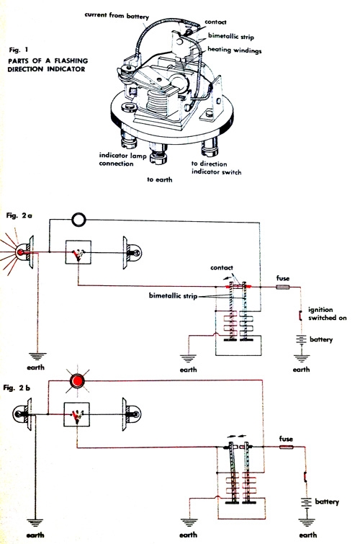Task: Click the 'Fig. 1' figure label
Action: pyautogui.click(x=19, y=50)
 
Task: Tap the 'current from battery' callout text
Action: pyautogui.click(x=117, y=16)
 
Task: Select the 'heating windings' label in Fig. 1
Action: pyautogui.click(x=235, y=50)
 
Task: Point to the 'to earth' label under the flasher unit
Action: pyautogui.click(x=159, y=179)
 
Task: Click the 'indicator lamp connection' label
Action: pyautogui.click(x=122, y=159)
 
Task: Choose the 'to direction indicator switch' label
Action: pyautogui.click(x=216, y=168)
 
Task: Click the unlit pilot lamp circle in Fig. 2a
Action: pyautogui.click(x=78, y=220)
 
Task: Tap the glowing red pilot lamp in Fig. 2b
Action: pyautogui.click(x=77, y=381)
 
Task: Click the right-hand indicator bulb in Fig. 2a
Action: pyautogui.click(x=132, y=253)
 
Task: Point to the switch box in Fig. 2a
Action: pyautogui.click(x=78, y=252)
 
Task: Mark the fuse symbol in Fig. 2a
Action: pyautogui.click(x=283, y=287)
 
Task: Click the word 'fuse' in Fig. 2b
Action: pyautogui.click(x=286, y=439)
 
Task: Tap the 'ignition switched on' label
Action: pyautogui.click(x=327, y=313)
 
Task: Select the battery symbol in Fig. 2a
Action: pyautogui.click(x=301, y=339)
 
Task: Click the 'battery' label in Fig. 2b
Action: pyautogui.click(x=327, y=501)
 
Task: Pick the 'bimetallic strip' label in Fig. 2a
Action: pyautogui.click(x=173, y=296)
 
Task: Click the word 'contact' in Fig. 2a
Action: pyautogui.click(x=221, y=267)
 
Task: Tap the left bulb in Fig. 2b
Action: pyautogui.click(x=23, y=414)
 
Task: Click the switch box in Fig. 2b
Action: pyautogui.click(x=76, y=414)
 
